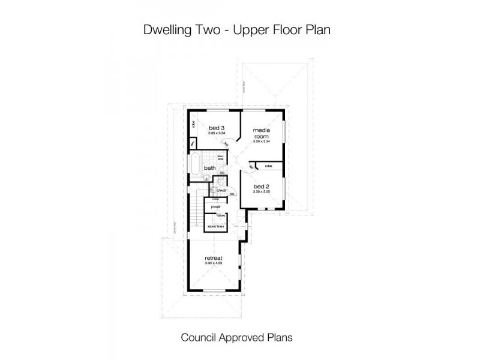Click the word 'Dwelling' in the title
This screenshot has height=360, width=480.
click(163, 29)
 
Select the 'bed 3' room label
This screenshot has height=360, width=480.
click(217, 128)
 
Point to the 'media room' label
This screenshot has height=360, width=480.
click(260, 133)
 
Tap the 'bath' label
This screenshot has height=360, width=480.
click(209, 169)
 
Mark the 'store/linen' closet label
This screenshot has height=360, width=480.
click(216, 227)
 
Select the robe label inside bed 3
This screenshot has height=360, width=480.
click(193, 124)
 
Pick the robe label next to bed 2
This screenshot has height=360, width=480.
click(268, 165)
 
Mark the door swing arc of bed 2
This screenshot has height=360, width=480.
click(245, 168)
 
